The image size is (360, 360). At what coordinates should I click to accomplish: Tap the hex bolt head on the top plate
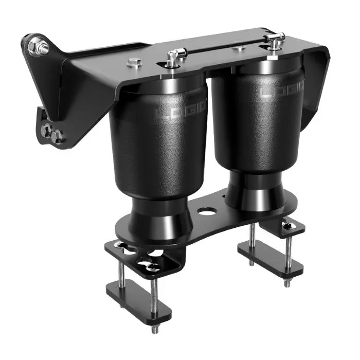click(133, 64)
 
